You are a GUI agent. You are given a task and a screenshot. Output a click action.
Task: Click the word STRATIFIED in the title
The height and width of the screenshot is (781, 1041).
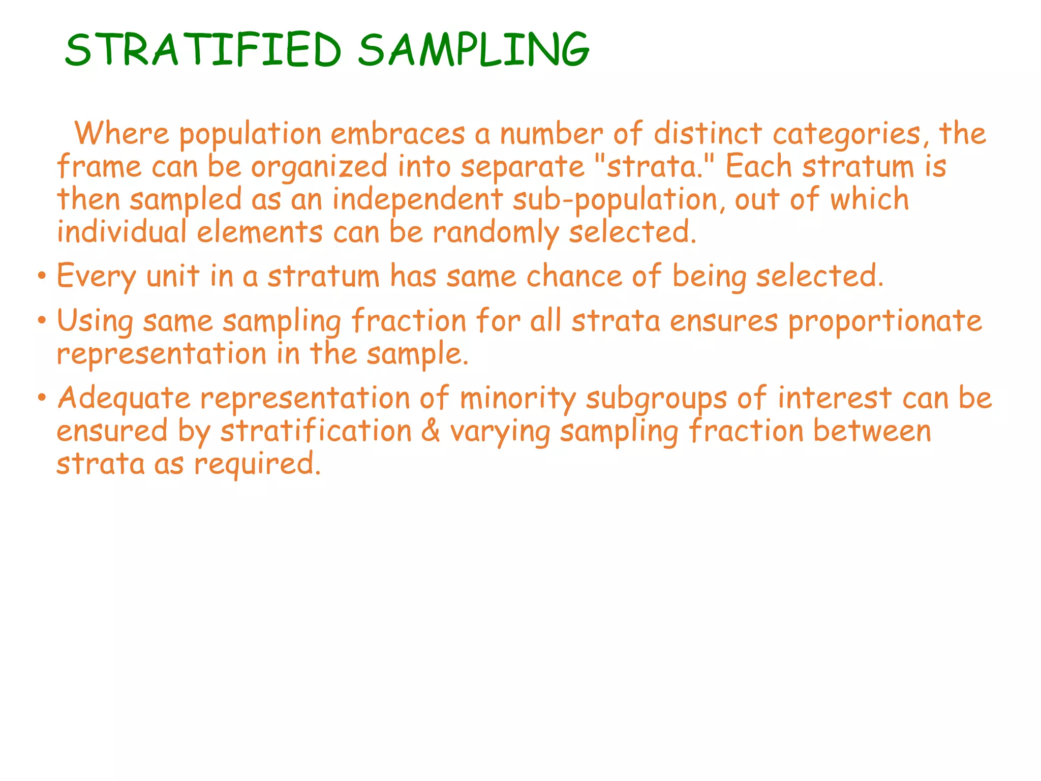(x=203, y=49)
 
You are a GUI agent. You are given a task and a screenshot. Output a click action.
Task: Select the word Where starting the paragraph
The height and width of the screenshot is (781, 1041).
(x=121, y=134)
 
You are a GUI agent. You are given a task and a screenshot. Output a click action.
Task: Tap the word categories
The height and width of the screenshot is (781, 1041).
(x=847, y=135)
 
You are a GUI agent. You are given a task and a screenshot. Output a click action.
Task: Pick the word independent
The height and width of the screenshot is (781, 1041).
(x=417, y=200)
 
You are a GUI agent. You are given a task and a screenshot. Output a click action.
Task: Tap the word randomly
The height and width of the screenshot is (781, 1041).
(x=496, y=233)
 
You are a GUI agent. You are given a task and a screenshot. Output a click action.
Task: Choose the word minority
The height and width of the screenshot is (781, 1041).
(x=518, y=398)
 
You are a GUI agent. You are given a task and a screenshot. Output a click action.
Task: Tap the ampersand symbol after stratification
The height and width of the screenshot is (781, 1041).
(x=431, y=431)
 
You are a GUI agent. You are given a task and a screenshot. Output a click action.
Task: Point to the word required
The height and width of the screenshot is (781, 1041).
(x=257, y=465)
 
